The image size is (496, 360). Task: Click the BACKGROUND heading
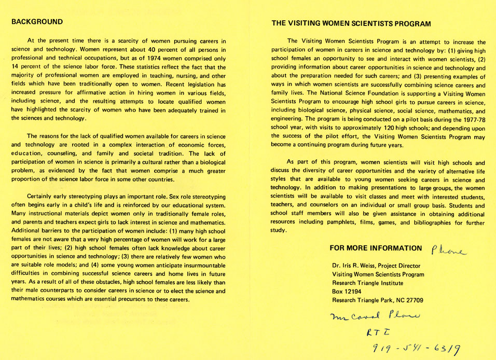point(37,22)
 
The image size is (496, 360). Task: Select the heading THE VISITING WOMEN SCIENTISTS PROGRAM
point(351,24)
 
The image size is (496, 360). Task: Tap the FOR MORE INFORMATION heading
point(376,248)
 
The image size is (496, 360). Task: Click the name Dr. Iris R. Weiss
point(364,266)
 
